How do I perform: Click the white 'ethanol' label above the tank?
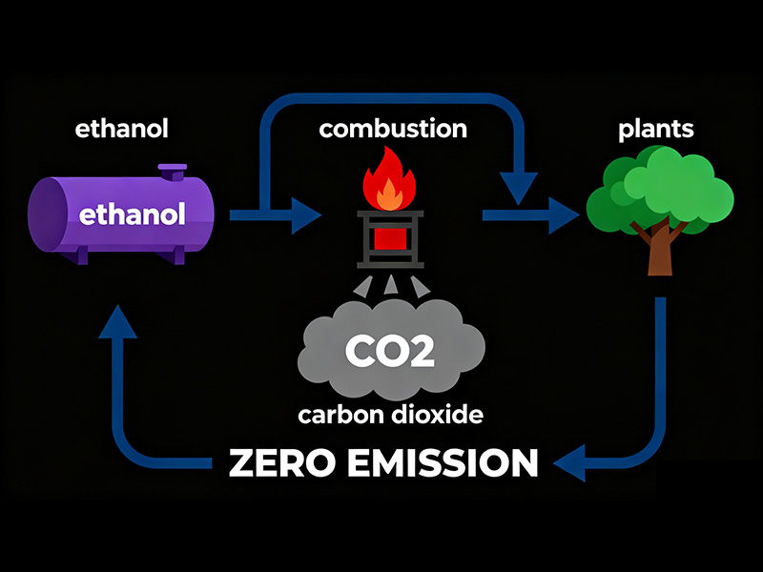coord(120,129)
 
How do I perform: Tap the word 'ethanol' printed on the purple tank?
coord(132,214)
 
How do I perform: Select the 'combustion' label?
coord(393,129)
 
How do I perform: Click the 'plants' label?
coord(659,129)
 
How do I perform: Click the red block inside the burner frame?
coord(389,238)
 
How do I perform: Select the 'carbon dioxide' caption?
coord(389,416)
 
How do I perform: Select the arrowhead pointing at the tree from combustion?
coord(565,214)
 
